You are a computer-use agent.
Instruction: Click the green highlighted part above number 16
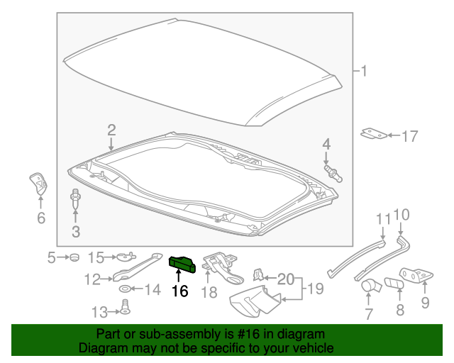coord(182,264)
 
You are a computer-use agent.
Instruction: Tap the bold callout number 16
coord(179,291)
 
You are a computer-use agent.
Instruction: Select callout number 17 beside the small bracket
coord(410,136)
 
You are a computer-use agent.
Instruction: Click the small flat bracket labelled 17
coord(374,133)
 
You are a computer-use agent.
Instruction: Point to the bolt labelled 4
coord(333,174)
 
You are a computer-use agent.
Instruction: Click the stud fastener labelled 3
coord(75,199)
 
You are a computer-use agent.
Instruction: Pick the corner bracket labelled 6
coord(38,184)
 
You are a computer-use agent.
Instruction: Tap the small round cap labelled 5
coord(74,257)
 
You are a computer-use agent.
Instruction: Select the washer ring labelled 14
coord(126,289)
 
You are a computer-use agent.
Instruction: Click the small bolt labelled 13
coord(125,308)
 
